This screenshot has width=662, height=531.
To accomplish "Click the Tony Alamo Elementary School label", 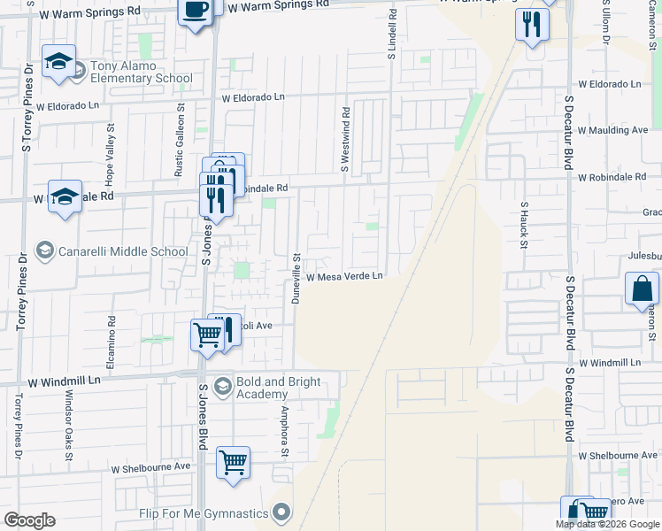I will [x=142, y=72].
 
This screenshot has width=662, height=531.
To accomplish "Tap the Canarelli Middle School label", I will [x=122, y=251].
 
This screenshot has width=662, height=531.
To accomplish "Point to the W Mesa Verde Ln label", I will [x=344, y=277].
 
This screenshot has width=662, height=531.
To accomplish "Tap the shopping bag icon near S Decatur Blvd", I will [x=642, y=289].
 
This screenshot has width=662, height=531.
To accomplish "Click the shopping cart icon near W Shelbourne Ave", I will [x=233, y=462].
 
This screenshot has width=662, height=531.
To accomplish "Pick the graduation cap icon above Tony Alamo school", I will [x=58, y=62].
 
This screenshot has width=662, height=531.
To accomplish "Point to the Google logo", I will [x=30, y=520].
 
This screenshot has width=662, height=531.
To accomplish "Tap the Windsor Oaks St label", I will [x=67, y=424].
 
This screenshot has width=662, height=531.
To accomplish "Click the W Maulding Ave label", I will [x=612, y=130].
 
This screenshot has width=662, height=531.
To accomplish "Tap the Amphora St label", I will [x=285, y=432].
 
